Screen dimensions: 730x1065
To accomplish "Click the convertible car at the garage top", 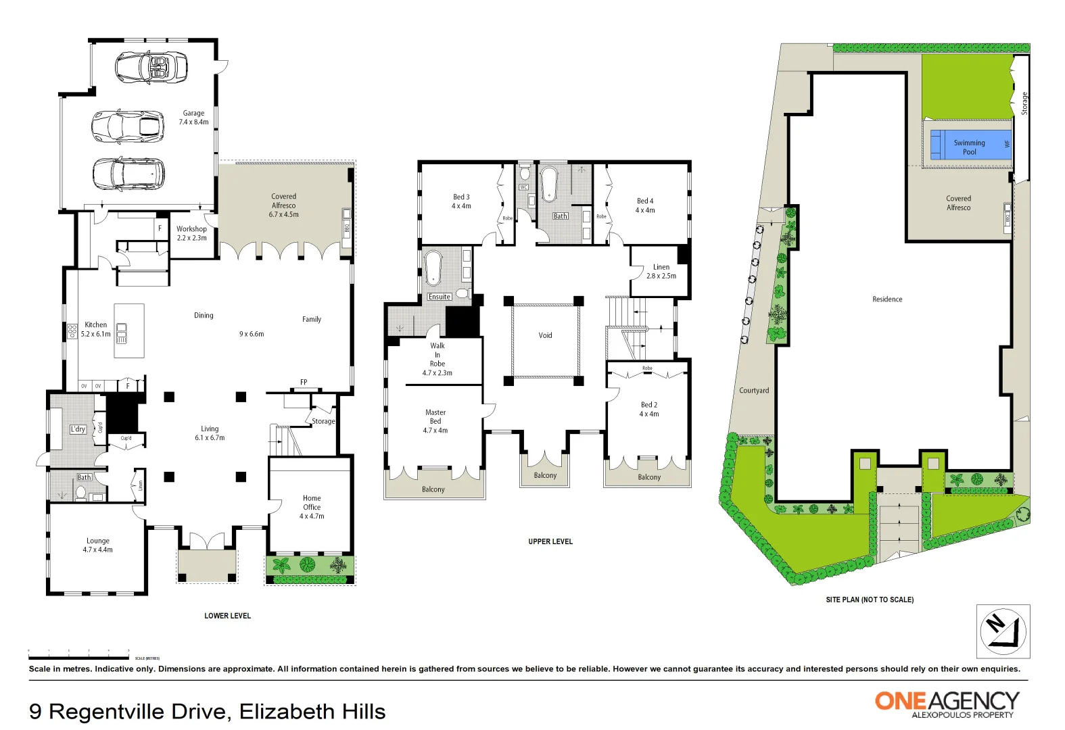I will tap(151, 68).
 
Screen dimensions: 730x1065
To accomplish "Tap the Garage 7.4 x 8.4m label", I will tap(193, 118).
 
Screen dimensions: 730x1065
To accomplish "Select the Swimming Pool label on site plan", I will tap(969, 147).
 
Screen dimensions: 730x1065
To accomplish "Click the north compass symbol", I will tap(1003, 631).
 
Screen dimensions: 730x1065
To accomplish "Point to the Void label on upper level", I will tap(545, 335).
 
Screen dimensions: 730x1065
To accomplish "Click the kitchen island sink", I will tap(122, 333).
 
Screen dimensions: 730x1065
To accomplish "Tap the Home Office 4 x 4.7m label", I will tap(312, 507).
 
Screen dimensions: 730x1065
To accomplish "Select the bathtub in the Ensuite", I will tap(433, 268).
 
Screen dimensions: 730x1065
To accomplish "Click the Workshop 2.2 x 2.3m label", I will tap(191, 233).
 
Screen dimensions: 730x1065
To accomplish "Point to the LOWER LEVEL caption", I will tap(227, 616).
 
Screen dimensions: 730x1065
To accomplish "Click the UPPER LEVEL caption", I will tap(550, 541).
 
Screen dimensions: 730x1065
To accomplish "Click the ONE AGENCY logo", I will tap(947, 703).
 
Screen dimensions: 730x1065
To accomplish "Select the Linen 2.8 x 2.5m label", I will tap(661, 271).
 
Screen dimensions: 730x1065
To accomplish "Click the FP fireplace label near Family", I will tap(304, 382).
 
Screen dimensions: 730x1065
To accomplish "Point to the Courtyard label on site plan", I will tap(753, 391).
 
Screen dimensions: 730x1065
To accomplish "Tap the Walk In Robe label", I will tap(437, 359).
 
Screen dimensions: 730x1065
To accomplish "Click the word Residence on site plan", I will tap(886, 299).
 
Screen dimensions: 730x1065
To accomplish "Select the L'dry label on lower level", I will tap(78, 429).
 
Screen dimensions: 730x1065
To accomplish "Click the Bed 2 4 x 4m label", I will tap(648, 409).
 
